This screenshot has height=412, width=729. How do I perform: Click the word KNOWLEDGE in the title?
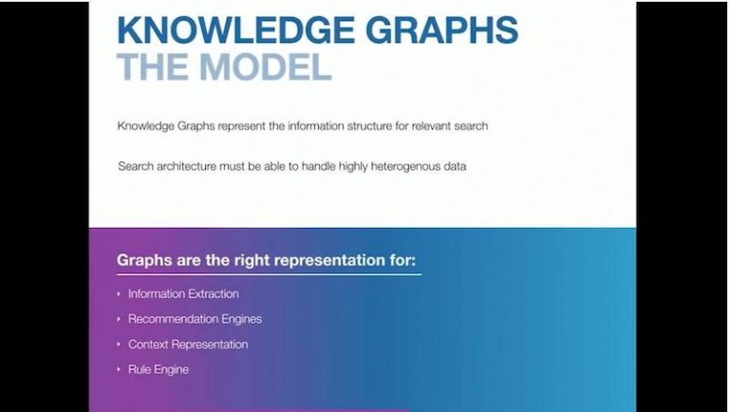pos(235,29)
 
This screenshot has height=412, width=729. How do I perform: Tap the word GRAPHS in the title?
pos(441,29)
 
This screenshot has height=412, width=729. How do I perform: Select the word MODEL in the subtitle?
pos(266,66)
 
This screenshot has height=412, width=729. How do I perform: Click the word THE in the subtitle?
pos(153,66)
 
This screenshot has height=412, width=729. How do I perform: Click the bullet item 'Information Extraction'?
pos(183,294)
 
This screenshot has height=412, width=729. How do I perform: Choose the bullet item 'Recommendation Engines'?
pos(195,320)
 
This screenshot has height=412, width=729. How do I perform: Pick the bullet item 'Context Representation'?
pos(188,345)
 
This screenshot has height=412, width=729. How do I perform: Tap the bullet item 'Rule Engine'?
pos(159,369)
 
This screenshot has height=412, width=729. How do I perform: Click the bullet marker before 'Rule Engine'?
pos(119,369)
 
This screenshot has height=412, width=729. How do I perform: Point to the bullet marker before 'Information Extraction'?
pos(119,294)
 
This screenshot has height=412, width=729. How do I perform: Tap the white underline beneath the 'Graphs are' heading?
pos(270,274)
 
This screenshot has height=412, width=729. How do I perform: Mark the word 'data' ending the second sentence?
pos(456,166)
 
